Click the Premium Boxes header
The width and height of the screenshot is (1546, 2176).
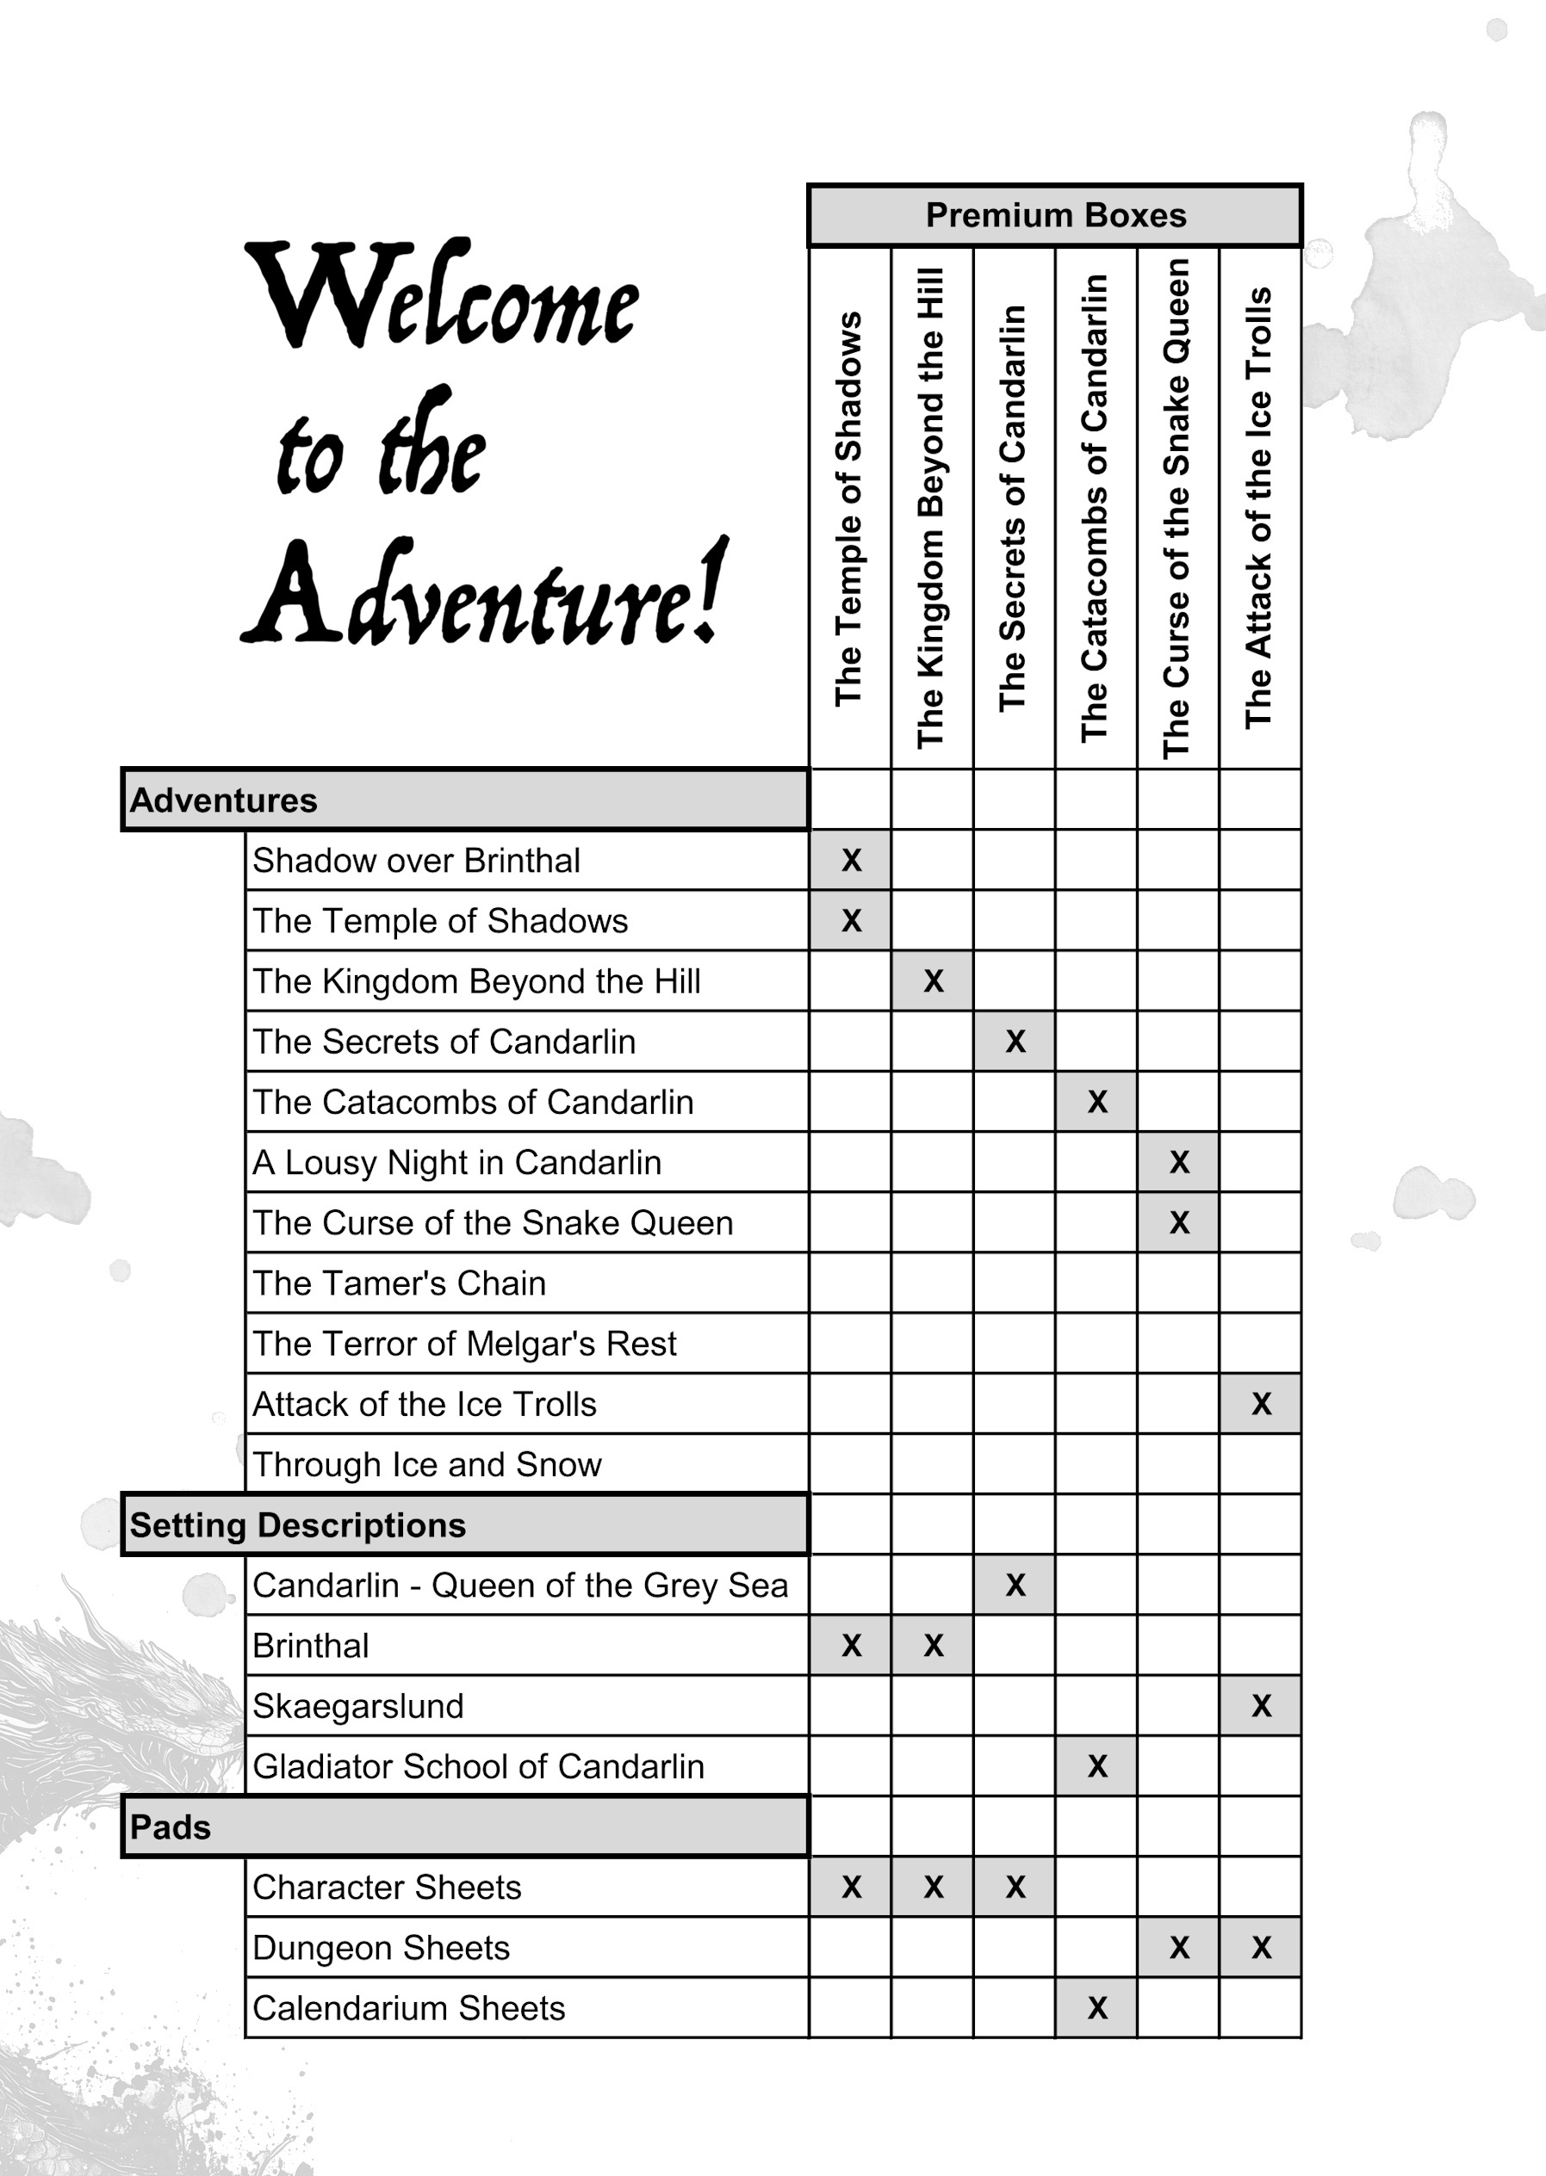[x=1055, y=215]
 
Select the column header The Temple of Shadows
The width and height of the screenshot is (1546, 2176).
[x=848, y=509]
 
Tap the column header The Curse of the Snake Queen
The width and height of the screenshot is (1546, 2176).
[x=1177, y=509]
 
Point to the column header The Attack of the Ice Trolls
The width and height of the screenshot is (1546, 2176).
[x=1258, y=509]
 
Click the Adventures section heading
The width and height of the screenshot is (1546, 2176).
[x=224, y=801]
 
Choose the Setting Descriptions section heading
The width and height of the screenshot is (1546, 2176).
[x=297, y=1525]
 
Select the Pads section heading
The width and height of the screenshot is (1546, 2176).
[x=171, y=1827]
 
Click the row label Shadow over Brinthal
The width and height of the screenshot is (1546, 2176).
[x=416, y=860]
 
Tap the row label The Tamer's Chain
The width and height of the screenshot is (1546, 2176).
[x=399, y=1283]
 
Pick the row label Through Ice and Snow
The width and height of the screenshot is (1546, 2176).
[x=426, y=1464]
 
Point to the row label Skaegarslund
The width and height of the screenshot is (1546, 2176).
[x=358, y=1706]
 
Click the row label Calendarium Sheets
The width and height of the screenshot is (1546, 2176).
[x=408, y=2007]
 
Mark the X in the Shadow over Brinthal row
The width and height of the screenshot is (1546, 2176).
[x=851, y=860]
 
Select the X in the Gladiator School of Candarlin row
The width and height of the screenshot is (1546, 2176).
[x=1096, y=1766]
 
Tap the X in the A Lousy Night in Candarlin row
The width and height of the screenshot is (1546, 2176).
[x=1178, y=1162]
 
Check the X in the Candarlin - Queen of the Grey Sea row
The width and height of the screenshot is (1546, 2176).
[x=1015, y=1586]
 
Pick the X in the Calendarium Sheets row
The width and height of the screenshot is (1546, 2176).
[x=1096, y=2007]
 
